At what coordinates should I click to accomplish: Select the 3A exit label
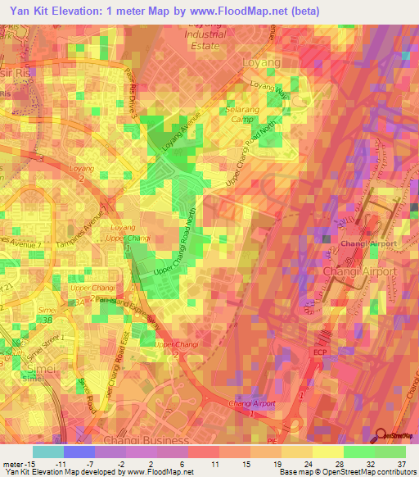(76, 302)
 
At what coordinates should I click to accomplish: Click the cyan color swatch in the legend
(47, 451)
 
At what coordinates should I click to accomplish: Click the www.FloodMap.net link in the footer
(160, 472)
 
